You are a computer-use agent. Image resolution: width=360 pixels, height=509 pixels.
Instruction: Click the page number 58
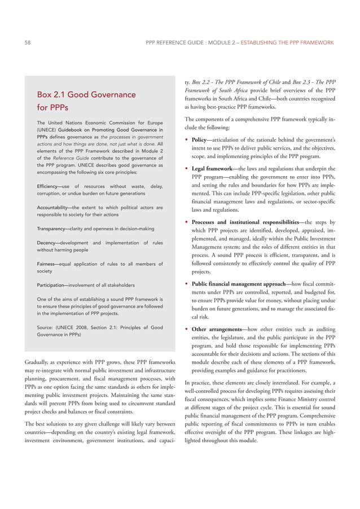coord(28,42)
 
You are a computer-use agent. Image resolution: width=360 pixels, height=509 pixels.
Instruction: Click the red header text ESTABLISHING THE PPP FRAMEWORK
coord(287,42)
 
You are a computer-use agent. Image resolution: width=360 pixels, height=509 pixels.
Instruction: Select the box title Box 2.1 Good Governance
coord(86,94)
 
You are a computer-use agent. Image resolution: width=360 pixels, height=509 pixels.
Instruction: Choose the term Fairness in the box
coord(47,264)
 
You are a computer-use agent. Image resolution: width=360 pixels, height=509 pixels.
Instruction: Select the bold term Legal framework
coord(211,168)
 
